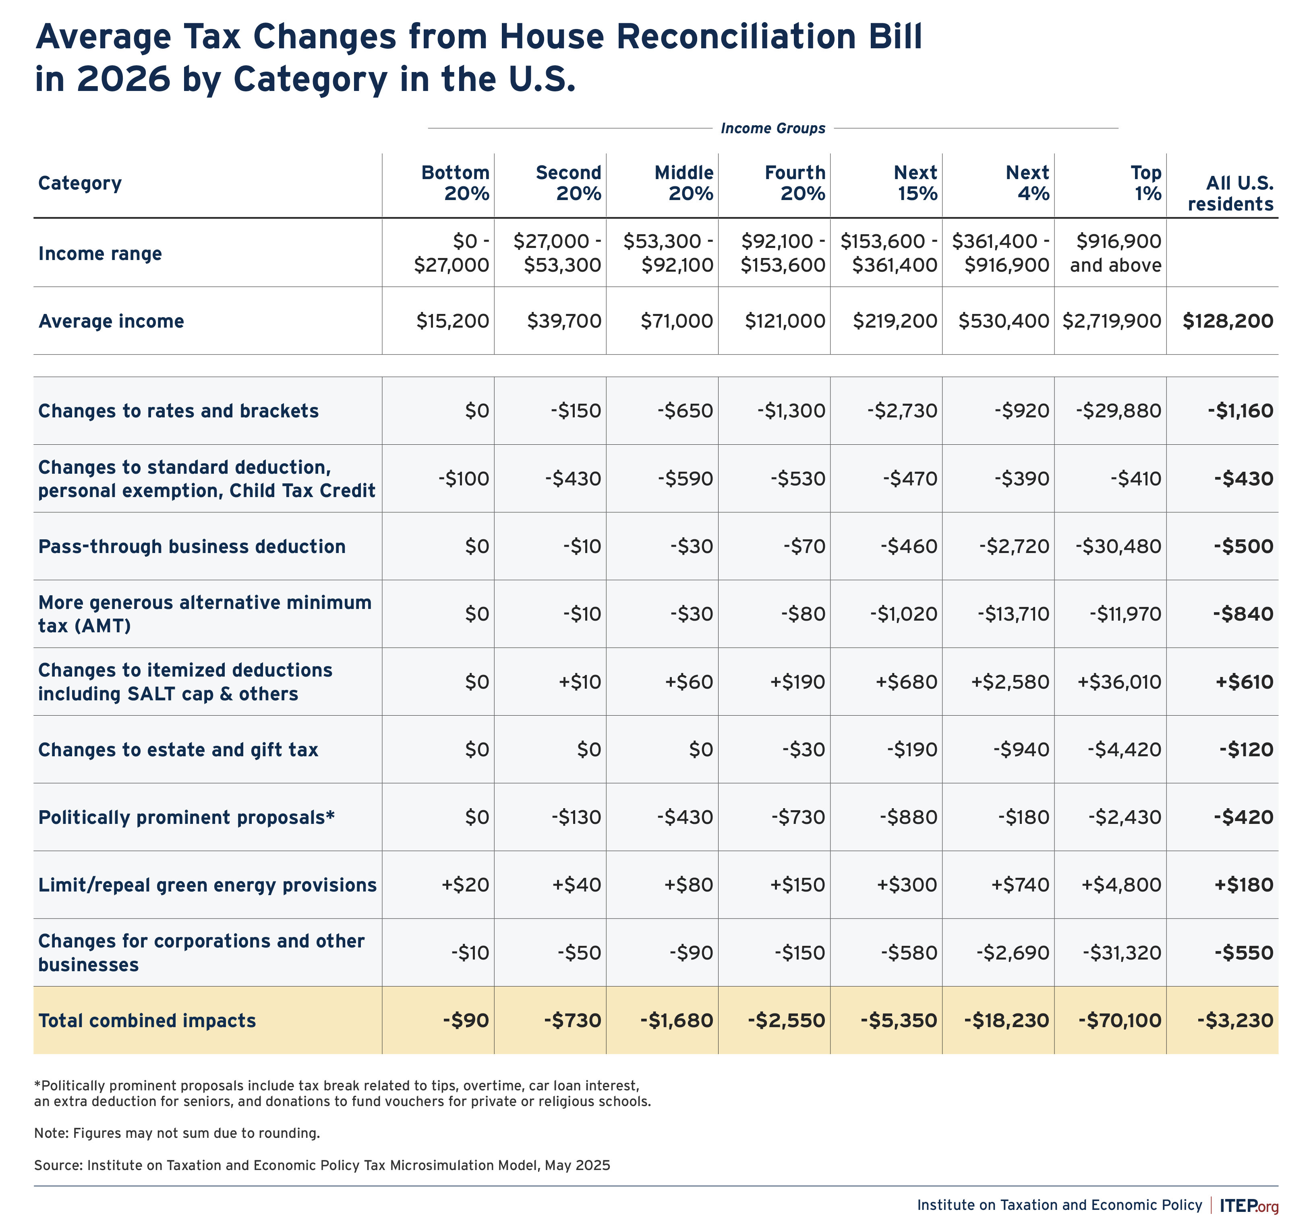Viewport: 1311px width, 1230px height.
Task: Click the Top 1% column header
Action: pos(1146,183)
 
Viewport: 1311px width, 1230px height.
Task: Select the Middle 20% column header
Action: pos(684,183)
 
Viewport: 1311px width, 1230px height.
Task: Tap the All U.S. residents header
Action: pos(1230,193)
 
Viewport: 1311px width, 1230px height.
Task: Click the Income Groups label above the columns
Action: pos(773,128)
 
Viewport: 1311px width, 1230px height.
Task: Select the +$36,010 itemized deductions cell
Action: pos(1119,681)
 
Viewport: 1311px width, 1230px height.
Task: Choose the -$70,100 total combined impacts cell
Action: pos(1120,1020)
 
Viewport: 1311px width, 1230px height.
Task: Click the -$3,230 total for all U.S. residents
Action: pos(1235,1020)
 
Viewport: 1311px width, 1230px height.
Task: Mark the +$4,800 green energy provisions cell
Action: pos(1121,885)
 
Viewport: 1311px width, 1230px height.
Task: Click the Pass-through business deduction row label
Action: pos(192,547)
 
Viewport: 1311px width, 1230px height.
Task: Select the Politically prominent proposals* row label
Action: pos(186,817)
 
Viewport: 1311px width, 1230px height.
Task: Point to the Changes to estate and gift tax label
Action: pos(178,749)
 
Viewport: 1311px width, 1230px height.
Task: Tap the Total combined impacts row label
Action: pos(147,1020)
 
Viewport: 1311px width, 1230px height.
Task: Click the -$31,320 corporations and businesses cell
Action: pos(1122,953)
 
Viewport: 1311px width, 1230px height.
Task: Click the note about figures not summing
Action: pos(177,1133)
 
